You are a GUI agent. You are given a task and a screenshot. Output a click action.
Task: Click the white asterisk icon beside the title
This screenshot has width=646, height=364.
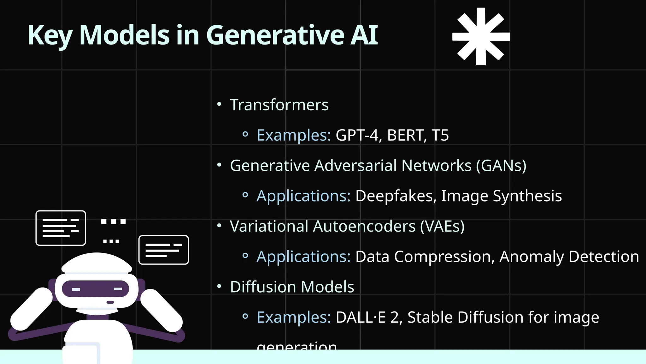[481, 36]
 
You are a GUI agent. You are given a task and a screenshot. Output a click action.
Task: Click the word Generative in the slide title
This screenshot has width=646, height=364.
[275, 35]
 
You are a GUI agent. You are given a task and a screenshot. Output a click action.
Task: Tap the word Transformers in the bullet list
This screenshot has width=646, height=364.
[279, 105]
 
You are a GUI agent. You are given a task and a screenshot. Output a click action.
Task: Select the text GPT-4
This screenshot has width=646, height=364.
[357, 135]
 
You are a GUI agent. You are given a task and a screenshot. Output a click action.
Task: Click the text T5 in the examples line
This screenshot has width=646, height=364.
[440, 135]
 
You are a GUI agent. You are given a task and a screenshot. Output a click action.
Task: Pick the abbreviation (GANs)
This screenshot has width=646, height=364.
[501, 166]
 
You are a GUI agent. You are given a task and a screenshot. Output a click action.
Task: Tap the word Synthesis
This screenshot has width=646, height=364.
[527, 196]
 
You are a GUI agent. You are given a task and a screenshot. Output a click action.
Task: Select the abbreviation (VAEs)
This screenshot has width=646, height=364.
[442, 226]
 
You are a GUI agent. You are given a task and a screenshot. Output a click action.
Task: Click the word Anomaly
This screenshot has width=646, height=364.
[532, 257]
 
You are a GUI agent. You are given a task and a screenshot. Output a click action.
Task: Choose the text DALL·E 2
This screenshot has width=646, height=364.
[368, 317]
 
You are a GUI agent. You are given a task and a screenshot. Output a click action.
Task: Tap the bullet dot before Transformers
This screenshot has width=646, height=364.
[220, 104]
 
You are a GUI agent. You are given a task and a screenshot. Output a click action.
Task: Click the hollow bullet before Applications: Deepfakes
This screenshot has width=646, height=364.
[245, 195]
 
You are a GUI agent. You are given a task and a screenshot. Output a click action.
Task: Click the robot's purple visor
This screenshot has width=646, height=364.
[96, 288]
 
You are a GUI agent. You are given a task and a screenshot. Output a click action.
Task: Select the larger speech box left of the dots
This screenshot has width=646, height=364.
[61, 228]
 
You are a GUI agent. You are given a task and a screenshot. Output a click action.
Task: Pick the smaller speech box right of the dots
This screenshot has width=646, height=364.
[164, 250]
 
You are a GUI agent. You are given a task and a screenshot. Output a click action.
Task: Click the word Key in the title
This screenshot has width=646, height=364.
[50, 35]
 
